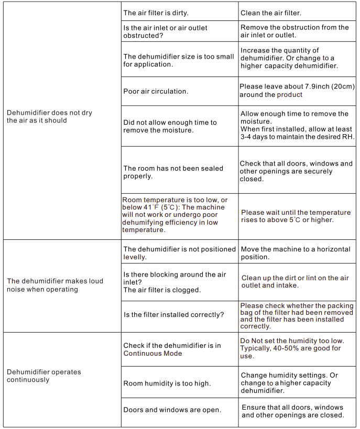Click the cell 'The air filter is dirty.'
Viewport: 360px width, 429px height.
tap(155, 13)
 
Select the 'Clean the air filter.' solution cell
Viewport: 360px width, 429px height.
tap(270, 13)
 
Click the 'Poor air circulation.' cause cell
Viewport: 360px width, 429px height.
tap(155, 91)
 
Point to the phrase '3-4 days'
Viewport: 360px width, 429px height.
tap(256, 137)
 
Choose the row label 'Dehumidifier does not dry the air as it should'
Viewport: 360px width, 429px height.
tap(49, 116)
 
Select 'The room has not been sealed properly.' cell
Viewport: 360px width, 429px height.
tap(173, 172)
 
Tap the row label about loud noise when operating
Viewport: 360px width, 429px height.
tap(55, 285)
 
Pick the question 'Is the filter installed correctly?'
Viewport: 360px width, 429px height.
tap(173, 315)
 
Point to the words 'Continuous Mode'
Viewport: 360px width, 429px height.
tap(152, 353)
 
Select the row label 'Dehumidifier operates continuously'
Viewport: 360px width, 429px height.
tap(43, 376)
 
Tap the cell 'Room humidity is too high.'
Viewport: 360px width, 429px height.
tap(167, 383)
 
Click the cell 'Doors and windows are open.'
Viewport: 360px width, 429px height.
tap(172, 410)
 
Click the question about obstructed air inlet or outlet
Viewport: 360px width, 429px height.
tap(165, 31)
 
